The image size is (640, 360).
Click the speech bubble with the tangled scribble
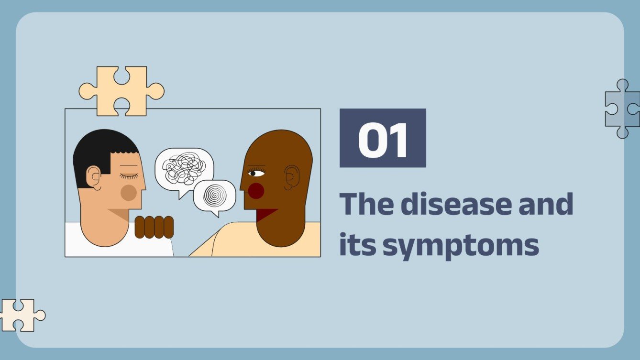point(184,168)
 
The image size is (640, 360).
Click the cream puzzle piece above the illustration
point(121,90)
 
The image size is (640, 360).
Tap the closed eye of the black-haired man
point(129,176)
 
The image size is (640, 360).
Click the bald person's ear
point(291,177)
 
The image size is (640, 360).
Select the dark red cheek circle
point(256,191)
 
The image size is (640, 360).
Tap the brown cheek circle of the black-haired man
point(129,192)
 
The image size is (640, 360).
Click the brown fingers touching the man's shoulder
point(154,227)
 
